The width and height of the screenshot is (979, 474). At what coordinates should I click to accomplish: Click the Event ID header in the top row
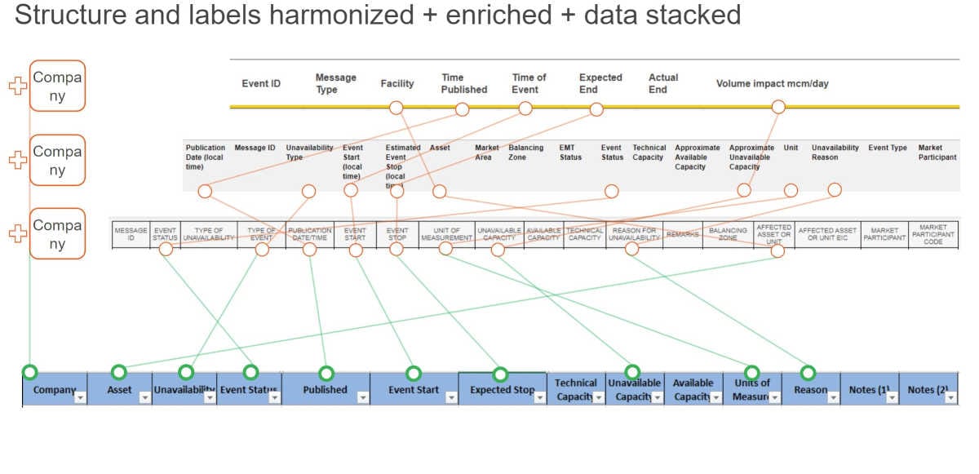pyautogui.click(x=261, y=83)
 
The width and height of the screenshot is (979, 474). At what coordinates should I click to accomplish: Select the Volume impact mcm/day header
pyautogui.click(x=772, y=83)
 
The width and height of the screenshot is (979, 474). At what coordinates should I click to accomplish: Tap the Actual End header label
pyautogui.click(x=663, y=83)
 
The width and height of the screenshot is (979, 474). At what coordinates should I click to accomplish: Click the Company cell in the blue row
pyautogui.click(x=50, y=390)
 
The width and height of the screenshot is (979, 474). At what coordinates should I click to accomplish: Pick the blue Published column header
pyautogui.click(x=325, y=390)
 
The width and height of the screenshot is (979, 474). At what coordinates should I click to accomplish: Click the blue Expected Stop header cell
pyautogui.click(x=502, y=390)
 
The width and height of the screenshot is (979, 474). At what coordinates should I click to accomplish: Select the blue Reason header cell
pyautogui.click(x=810, y=390)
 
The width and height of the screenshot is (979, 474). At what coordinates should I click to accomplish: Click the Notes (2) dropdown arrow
pyautogui.click(x=950, y=397)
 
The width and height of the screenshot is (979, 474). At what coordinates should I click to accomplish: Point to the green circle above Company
pyautogui.click(x=30, y=372)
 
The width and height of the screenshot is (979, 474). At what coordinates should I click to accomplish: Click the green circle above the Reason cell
pyautogui.click(x=808, y=373)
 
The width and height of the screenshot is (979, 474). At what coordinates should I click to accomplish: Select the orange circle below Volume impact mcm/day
pyautogui.click(x=778, y=107)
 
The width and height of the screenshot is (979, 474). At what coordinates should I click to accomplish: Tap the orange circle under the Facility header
pyautogui.click(x=396, y=108)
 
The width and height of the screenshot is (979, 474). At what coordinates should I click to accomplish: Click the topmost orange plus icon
pyautogui.click(x=17, y=86)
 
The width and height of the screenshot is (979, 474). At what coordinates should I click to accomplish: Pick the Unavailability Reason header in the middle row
pyautogui.click(x=835, y=153)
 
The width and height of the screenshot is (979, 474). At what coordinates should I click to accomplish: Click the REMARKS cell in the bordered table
pyautogui.click(x=682, y=234)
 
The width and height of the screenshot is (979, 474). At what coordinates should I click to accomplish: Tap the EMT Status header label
pyautogui.click(x=570, y=153)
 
